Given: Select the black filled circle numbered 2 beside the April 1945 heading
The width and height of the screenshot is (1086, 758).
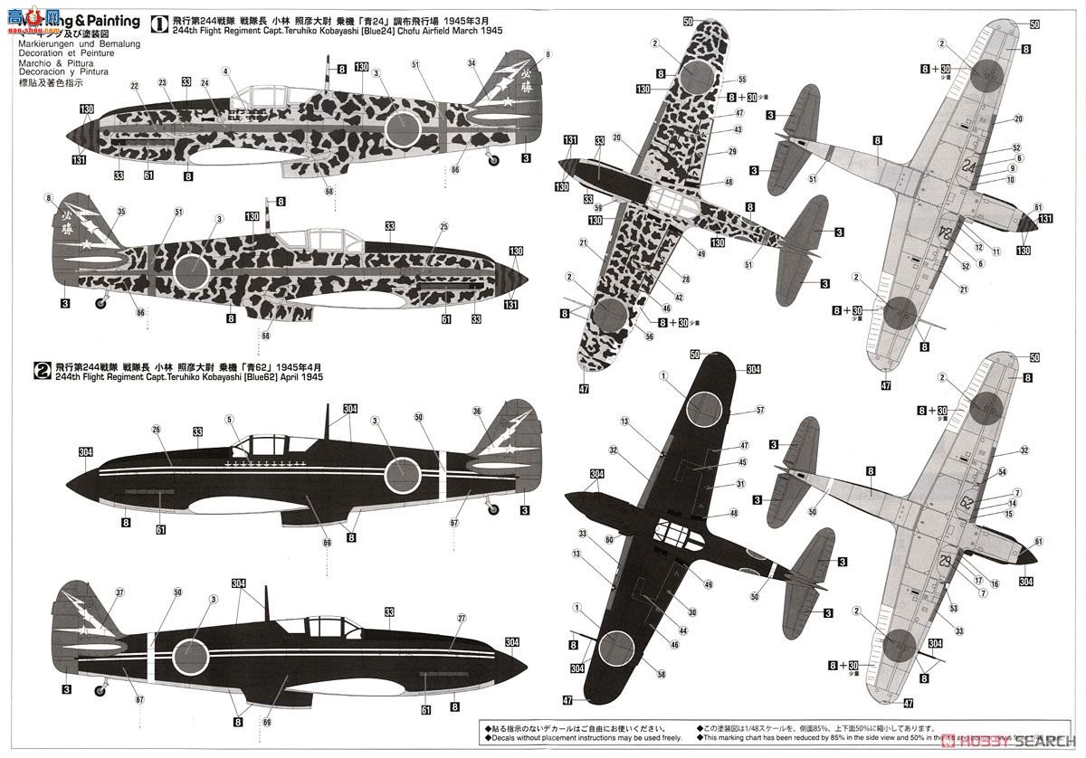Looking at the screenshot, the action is tap(41, 369).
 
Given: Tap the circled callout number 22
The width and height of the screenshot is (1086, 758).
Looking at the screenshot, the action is tap(134, 87).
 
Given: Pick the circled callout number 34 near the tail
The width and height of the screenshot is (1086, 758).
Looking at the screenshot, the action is tap(472, 62).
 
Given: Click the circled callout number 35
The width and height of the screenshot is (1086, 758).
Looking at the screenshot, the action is tap(97, 213).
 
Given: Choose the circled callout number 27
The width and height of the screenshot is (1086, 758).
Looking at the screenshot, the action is tap(461, 619).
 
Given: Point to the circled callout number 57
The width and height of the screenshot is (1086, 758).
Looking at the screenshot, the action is tap(758, 410).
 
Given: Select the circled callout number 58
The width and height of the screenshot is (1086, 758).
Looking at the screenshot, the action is tap(662, 674).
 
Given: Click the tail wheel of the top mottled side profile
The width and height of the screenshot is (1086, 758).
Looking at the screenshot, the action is tap(494, 162).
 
